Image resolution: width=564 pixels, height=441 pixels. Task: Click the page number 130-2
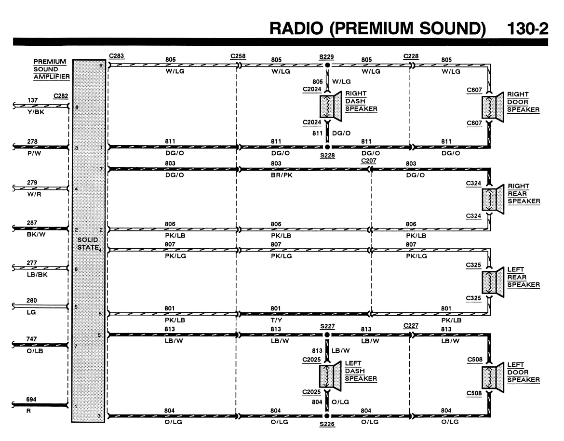pyautogui.click(x=527, y=29)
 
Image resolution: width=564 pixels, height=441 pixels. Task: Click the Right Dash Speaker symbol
pyautogui.click(x=331, y=106)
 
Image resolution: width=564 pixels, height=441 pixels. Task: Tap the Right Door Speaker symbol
pyautogui.click(x=493, y=107)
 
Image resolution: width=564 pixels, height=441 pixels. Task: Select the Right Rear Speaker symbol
pyautogui.click(x=493, y=199)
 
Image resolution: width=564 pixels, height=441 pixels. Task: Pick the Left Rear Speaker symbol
pyautogui.click(x=493, y=282)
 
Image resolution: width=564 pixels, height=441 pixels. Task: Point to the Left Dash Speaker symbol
pyautogui.click(x=330, y=376)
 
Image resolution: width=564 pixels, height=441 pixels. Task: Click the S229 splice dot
pyautogui.click(x=327, y=65)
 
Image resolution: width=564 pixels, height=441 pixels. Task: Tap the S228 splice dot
pyautogui.click(x=327, y=147)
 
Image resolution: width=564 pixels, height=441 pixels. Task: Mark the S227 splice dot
pyautogui.click(x=327, y=335)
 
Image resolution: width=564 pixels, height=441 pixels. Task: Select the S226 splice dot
pyautogui.click(x=327, y=416)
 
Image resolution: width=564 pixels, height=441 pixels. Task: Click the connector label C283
pyautogui.click(x=117, y=56)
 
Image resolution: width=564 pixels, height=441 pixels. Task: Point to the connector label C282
pyautogui.click(x=61, y=96)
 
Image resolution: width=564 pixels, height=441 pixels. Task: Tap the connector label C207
pyautogui.click(x=369, y=161)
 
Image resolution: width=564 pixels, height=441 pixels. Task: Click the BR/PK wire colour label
pyautogui.click(x=282, y=175)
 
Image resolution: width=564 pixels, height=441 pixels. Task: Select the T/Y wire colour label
pyautogui.click(x=277, y=320)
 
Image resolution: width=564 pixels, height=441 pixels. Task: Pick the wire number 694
pyautogui.click(x=31, y=399)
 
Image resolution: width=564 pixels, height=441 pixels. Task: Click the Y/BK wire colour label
pyautogui.click(x=36, y=112)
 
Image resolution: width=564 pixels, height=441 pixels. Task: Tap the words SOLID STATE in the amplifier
pyautogui.click(x=88, y=243)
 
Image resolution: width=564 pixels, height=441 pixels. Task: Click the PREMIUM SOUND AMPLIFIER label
pyautogui.click(x=52, y=69)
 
